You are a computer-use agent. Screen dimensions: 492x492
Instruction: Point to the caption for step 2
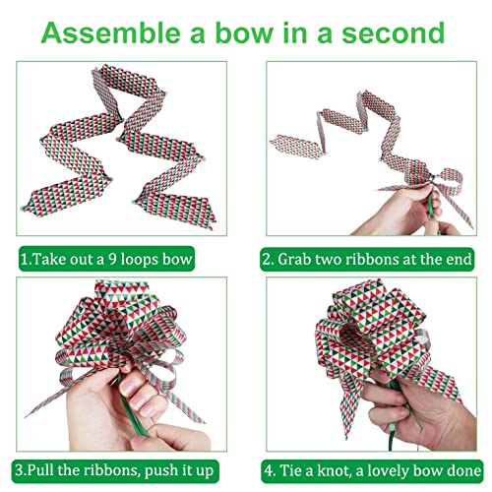point(367,261)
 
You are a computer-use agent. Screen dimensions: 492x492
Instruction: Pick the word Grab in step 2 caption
point(301,261)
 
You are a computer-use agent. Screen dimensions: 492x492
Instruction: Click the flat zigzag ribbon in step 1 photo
point(123,148)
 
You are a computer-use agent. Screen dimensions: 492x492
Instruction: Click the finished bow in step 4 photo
point(364,339)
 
